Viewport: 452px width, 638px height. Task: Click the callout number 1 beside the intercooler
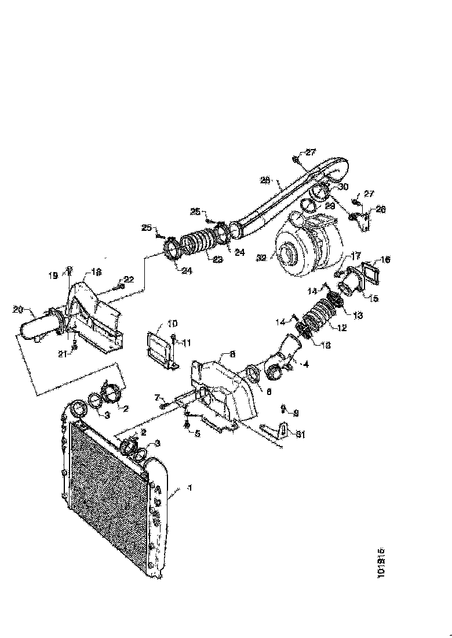click(188, 488)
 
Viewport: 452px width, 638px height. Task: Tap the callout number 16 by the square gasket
click(385, 259)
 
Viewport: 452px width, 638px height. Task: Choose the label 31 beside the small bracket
click(299, 433)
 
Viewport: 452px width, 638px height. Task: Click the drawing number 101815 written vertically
click(381, 563)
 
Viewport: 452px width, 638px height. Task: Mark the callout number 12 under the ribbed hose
click(342, 328)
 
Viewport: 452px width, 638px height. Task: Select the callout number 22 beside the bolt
click(129, 280)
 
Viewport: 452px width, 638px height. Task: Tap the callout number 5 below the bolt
click(197, 433)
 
